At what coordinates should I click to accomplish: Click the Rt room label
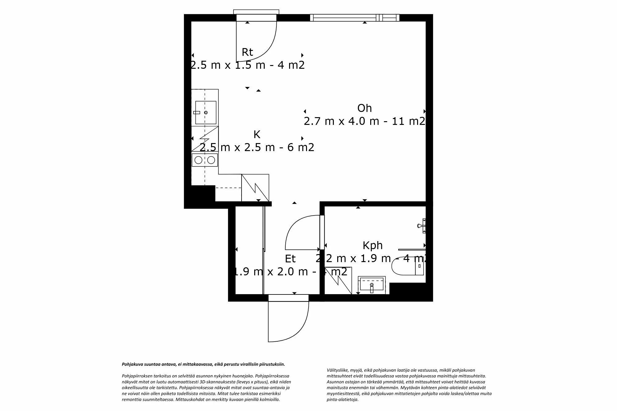click(x=247, y=52)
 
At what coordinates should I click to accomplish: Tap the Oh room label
click(x=364, y=108)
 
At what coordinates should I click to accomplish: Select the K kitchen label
click(x=257, y=134)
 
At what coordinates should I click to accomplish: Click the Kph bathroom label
click(x=372, y=245)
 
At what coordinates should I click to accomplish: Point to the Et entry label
click(x=290, y=259)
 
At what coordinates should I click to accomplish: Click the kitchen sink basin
click(x=206, y=113)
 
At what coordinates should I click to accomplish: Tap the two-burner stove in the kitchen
click(x=205, y=160)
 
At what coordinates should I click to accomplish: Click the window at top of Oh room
click(x=355, y=18)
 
